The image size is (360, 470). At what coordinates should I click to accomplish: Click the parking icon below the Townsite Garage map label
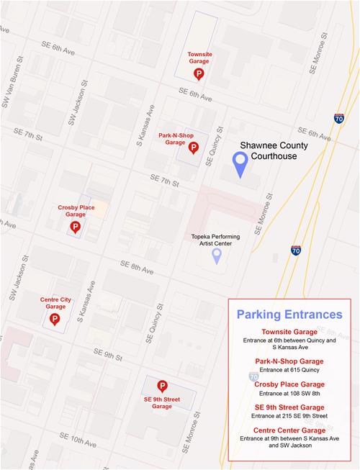[198, 73]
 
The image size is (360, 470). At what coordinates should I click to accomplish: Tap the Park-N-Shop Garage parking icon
[193, 148]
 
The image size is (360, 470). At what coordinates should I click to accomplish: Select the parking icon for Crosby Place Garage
[74, 227]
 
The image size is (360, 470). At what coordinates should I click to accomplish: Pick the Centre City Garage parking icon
[55, 318]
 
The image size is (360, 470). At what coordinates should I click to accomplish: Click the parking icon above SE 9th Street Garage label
[162, 387]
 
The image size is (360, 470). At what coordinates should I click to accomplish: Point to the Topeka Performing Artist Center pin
[216, 256]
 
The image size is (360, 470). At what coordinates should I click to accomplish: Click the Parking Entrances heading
[289, 315]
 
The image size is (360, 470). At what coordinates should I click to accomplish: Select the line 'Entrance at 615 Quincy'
[289, 369]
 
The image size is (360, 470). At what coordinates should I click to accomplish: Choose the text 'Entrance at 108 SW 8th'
[289, 393]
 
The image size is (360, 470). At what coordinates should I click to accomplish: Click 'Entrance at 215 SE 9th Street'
[289, 416]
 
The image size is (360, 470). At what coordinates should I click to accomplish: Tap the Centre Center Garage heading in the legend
[289, 430]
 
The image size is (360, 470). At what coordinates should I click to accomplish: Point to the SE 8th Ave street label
[137, 268]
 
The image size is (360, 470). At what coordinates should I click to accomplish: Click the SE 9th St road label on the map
[107, 356]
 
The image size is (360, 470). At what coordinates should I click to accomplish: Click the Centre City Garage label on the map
[55, 303]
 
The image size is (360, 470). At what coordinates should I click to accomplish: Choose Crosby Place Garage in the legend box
[289, 384]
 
